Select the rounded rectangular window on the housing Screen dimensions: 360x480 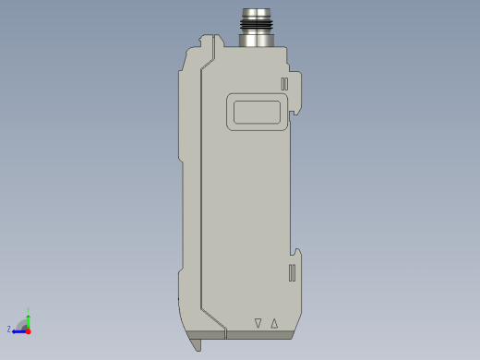[x=258, y=112]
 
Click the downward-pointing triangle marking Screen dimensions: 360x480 [x=258, y=323]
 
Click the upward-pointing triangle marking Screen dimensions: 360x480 [x=274, y=323]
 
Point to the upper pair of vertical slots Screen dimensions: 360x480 [x=284, y=84]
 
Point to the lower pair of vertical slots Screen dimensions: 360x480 [x=292, y=272]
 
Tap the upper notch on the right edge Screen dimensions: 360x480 [x=294, y=114]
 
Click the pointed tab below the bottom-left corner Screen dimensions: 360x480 [x=196, y=344]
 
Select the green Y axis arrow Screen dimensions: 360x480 [x=28, y=317]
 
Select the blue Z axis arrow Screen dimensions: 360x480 [x=18, y=330]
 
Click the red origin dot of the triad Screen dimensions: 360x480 [x=28, y=330]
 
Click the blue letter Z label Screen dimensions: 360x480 [x=9, y=329]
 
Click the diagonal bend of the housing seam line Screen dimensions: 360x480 [x=213, y=318]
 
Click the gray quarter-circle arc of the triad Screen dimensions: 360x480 [x=22, y=323]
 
